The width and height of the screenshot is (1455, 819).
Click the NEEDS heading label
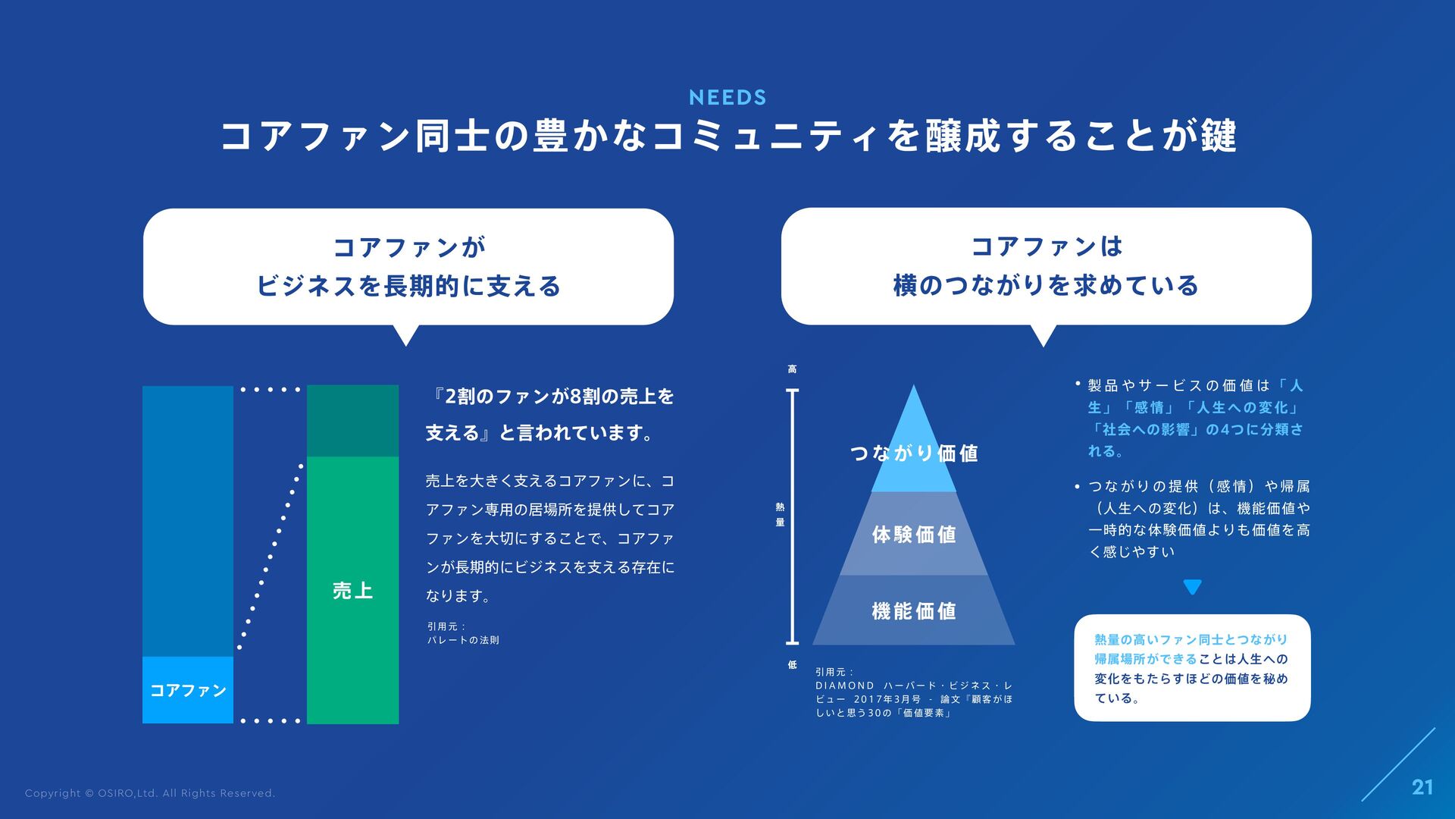pyautogui.click(x=727, y=97)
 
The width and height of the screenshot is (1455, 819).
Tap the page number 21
pyautogui.click(x=1422, y=788)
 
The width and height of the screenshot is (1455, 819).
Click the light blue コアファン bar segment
pyautogui.click(x=188, y=690)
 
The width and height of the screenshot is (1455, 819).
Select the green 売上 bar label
pyautogui.click(x=352, y=591)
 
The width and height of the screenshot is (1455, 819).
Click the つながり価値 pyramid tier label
pyautogui.click(x=914, y=453)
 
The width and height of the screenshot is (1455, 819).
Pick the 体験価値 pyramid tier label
pyautogui.click(x=914, y=535)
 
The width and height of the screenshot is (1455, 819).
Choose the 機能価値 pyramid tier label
pyautogui.click(x=914, y=611)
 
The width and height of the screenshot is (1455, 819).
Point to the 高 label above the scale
pyautogui.click(x=792, y=369)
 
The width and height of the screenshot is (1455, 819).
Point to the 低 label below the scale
pyautogui.click(x=792, y=665)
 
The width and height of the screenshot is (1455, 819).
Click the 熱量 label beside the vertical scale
pyautogui.click(x=780, y=514)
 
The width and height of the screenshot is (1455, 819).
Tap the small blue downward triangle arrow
pyautogui.click(x=1192, y=587)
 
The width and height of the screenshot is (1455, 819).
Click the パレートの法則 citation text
pyautogui.click(x=463, y=640)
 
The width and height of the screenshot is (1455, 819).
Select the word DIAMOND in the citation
pyautogui.click(x=844, y=686)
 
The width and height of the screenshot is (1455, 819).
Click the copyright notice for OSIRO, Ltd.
pyautogui.click(x=150, y=793)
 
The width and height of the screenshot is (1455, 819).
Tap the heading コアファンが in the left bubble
pyautogui.click(x=408, y=247)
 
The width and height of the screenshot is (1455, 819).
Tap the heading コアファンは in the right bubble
pyautogui.click(x=1046, y=246)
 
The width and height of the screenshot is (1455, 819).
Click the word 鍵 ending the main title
pyautogui.click(x=1219, y=136)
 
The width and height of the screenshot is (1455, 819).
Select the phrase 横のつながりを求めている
pyautogui.click(x=1046, y=286)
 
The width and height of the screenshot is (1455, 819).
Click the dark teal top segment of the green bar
pyautogui.click(x=352, y=421)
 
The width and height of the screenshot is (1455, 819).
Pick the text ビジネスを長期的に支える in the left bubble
pyautogui.click(x=408, y=287)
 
